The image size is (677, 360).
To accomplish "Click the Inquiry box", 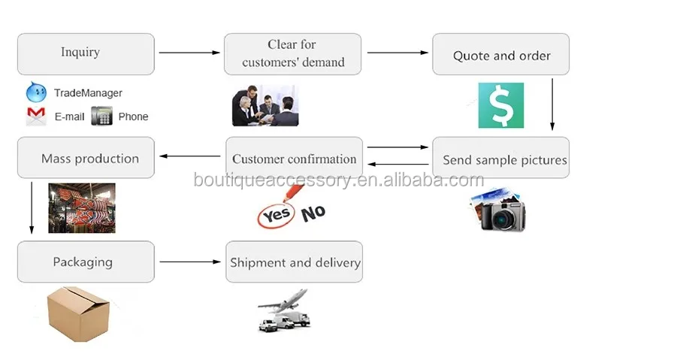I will pos(86,53).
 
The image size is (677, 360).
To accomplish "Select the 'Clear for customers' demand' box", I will pos(292,53).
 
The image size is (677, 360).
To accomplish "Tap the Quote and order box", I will pos(500,55).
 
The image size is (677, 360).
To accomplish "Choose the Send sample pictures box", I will pos(500,158).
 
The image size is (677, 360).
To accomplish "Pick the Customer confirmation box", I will pos(294,158).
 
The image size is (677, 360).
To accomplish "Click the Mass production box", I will pos(86,158).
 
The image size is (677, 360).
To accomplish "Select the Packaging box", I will pos(86,262).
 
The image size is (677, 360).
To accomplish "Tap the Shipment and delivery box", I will pos(294,262).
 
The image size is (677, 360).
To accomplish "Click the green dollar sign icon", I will pos(500,105).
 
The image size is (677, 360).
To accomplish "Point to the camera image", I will pos(499,210).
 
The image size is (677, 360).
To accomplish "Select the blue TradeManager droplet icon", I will pos(36,92).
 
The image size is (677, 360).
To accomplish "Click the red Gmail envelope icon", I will pos(36,116).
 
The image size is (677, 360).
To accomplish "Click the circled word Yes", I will pos(275,216).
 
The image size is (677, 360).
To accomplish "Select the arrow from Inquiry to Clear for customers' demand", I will pos(189,53).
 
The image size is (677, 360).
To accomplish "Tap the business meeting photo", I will pos(264,105).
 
